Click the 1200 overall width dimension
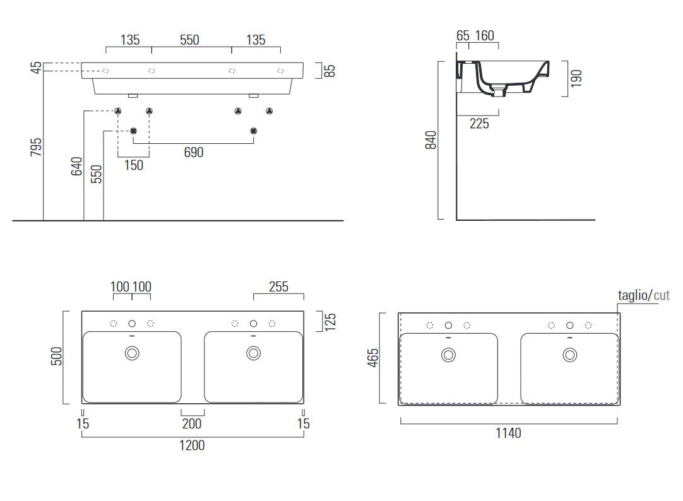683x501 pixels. click(192, 445)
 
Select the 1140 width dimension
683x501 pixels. click(508, 433)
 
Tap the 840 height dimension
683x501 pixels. click(431, 139)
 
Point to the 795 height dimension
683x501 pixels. click(36, 147)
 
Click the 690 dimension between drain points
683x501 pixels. click(194, 152)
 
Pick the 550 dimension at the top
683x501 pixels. click(189, 40)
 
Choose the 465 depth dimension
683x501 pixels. click(373, 358)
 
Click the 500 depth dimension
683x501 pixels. click(57, 356)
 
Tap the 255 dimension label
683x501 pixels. click(279, 287)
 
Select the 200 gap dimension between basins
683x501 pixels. click(192, 423)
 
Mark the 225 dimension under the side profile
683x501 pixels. click(479, 124)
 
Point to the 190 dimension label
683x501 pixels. click(576, 78)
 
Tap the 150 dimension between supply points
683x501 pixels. click(134, 165)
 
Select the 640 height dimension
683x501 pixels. click(76, 167)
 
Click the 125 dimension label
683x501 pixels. click(330, 322)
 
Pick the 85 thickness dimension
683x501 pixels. click(331, 71)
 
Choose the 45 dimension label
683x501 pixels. click(36, 68)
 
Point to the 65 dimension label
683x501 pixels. click(463, 36)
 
